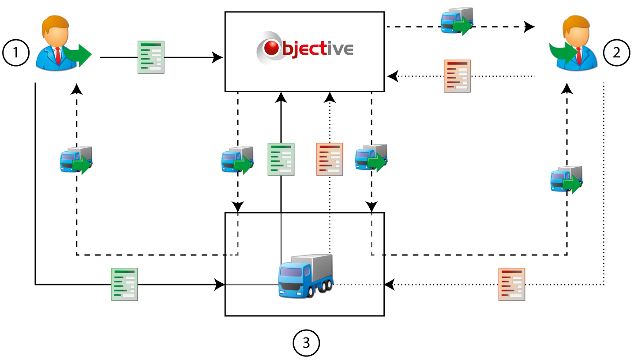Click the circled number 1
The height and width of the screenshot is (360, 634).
[15, 53]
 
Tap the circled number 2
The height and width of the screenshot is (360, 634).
[617, 53]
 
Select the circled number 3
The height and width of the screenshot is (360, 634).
[306, 342]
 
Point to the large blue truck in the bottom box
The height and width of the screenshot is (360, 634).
[305, 275]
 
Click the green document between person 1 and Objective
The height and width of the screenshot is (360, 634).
[151, 57]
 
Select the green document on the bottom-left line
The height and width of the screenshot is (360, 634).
[124, 284]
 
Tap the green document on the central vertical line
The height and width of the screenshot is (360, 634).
[281, 159]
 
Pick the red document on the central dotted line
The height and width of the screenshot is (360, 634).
[330, 159]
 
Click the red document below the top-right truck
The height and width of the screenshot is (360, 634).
[457, 76]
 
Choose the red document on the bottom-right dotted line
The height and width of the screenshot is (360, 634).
[512, 284]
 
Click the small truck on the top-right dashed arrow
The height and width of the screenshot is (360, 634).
[457, 20]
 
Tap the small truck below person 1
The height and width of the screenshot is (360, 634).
[76, 160]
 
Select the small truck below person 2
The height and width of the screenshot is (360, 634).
[566, 179]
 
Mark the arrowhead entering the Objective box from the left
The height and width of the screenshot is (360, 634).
[218, 57]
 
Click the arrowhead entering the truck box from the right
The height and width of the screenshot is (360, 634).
[390, 285]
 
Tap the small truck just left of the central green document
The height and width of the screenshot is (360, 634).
[237, 160]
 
